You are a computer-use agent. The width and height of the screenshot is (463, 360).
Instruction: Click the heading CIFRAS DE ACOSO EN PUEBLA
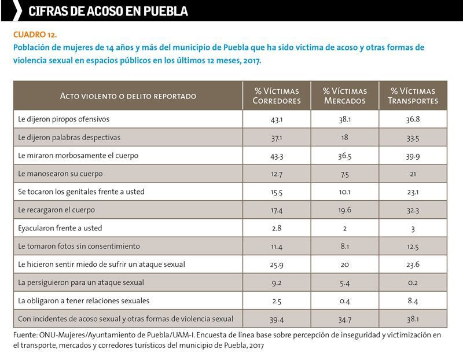tap(108, 11)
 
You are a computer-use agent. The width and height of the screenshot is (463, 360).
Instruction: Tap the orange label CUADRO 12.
tap(35, 35)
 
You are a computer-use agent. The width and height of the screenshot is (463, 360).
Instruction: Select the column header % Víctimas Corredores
tap(277, 95)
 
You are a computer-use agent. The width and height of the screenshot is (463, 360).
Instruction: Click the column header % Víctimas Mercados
tap(345, 95)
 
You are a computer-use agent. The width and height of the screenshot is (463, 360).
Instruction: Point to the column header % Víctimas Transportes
tap(413, 95)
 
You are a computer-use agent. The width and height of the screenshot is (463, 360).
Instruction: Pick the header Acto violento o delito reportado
tap(128, 96)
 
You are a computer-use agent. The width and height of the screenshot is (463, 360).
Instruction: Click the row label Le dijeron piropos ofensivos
tap(64, 119)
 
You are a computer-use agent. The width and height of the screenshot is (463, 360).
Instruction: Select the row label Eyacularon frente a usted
tap(60, 228)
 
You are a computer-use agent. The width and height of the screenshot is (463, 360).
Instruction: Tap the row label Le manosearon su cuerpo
tap(60, 174)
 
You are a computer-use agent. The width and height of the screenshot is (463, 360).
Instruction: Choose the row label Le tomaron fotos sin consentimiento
tap(79, 246)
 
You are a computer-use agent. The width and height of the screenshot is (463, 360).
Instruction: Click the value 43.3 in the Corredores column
tap(277, 156)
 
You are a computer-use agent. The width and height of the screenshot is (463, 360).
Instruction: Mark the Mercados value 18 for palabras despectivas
tap(345, 137)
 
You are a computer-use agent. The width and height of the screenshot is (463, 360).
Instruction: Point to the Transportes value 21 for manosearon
tap(413, 174)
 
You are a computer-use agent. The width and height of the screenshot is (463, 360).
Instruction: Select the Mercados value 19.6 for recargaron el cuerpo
tap(345, 210)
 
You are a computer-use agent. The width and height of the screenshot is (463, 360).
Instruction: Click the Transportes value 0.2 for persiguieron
tap(413, 282)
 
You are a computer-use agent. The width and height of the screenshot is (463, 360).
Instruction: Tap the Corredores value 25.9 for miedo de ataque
tap(277, 265)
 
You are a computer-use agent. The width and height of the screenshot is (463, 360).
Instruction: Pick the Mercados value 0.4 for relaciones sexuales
tap(345, 301)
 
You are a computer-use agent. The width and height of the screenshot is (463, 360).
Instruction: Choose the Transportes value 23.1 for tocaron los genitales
tap(413, 192)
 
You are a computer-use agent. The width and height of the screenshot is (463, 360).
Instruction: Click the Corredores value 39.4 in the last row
tap(277, 319)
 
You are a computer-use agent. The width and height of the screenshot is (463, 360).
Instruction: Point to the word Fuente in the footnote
tap(25, 335)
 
